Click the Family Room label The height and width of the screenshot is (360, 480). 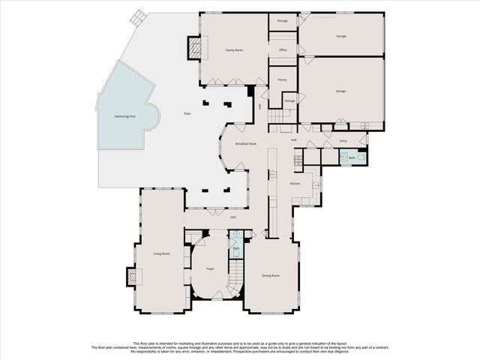(x=235, y=50)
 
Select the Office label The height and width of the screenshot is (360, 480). (x=283, y=50)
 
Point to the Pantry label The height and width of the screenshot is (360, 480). (x=282, y=79)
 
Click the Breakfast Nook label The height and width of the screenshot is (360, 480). (x=246, y=143)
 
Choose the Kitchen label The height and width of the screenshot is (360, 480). (x=295, y=184)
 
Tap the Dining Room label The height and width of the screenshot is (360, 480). (x=271, y=276)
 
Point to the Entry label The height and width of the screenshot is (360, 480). (x=343, y=141)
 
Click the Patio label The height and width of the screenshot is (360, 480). (x=187, y=113)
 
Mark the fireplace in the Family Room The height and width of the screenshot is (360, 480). (x=195, y=49)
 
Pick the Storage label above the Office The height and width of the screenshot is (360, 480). (x=282, y=21)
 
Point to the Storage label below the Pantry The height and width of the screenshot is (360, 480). (x=289, y=100)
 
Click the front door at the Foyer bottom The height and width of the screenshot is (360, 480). (x=216, y=299)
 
